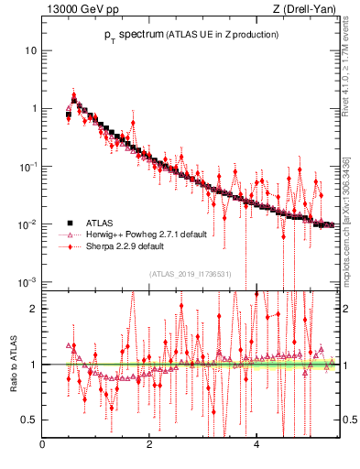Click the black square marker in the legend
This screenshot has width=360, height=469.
coord(69,223)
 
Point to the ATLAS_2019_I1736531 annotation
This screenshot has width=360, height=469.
coord(191,273)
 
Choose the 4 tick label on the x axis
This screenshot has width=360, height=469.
coord(256,446)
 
